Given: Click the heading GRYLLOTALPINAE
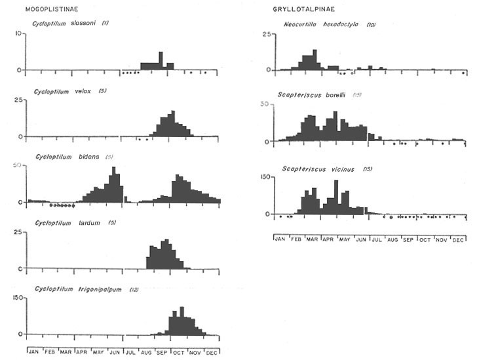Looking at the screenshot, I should pos(295,9).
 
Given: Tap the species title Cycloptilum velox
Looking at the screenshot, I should pos(69,90).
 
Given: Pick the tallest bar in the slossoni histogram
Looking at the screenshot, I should pos(161,61).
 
